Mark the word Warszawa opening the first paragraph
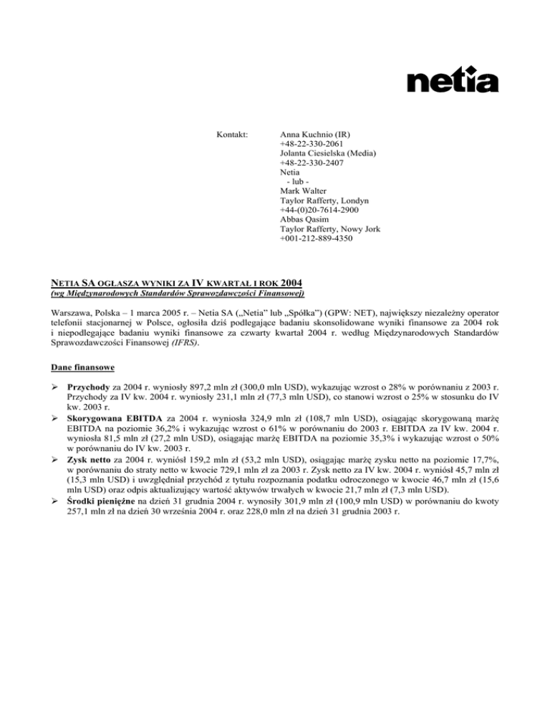(65, 314)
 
